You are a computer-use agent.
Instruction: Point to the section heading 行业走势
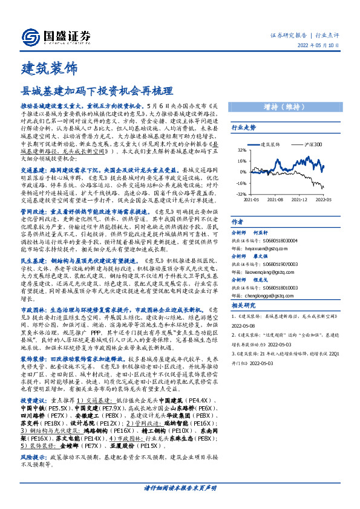click(244, 128)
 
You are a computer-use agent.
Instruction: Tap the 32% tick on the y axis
click(241, 150)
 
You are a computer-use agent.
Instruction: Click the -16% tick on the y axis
click(240, 183)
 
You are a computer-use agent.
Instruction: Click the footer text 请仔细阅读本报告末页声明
click(180, 487)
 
